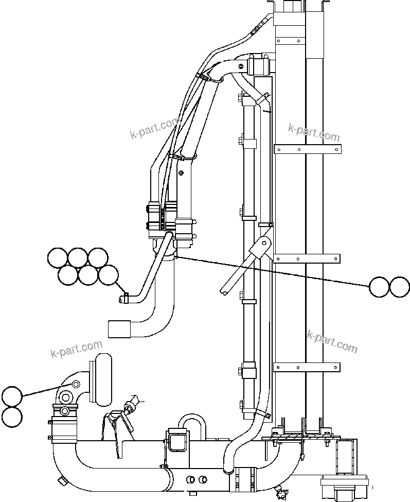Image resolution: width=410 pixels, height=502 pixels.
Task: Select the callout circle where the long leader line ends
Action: [380, 287]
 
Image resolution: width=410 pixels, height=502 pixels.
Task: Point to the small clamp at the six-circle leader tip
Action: [124, 298]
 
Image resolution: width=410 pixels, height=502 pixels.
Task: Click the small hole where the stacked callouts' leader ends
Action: [76, 384]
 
